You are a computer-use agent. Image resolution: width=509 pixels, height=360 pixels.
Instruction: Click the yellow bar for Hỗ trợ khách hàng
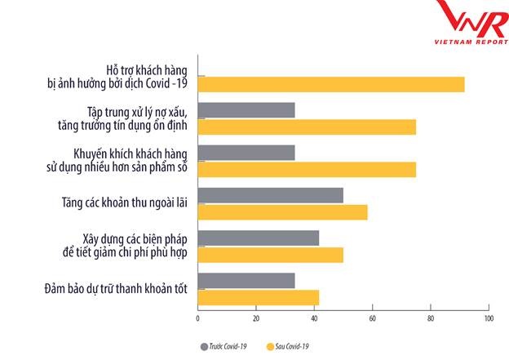tap(331, 84)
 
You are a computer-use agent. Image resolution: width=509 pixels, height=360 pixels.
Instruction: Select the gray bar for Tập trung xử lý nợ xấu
tap(246, 110)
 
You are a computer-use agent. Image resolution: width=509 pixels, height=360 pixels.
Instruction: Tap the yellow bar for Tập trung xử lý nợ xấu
tap(307, 127)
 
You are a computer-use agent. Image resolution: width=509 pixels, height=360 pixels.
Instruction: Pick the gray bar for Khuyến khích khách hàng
tap(246, 153)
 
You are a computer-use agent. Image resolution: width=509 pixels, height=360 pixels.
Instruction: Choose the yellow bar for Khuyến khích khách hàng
tap(307, 169)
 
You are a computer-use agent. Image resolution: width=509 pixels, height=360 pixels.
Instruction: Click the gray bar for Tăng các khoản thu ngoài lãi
tap(271, 195)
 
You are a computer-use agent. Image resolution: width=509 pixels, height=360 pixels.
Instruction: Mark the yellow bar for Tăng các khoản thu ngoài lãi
tap(282, 212)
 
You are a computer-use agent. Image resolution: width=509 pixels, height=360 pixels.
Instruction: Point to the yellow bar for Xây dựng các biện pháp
tap(271, 255)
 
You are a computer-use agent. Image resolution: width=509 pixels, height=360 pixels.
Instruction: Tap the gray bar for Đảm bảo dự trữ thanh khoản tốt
tap(246, 280)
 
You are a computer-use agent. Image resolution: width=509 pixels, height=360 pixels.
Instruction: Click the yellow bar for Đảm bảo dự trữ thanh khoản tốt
tap(259, 297)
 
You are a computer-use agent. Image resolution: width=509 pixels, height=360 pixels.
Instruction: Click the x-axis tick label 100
tap(488, 318)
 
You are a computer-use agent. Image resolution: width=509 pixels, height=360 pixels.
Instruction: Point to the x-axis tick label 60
tap(372, 318)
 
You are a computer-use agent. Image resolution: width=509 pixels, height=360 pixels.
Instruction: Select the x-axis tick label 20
tap(256, 318)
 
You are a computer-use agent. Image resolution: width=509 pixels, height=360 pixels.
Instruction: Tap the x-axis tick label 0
tap(198, 318)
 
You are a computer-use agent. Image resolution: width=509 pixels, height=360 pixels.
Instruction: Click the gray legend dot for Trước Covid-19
tap(204, 346)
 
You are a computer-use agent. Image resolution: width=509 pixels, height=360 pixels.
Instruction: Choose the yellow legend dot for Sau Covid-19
tap(270, 346)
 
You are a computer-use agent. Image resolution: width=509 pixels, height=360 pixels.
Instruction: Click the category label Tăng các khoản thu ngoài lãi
tap(131, 202)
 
